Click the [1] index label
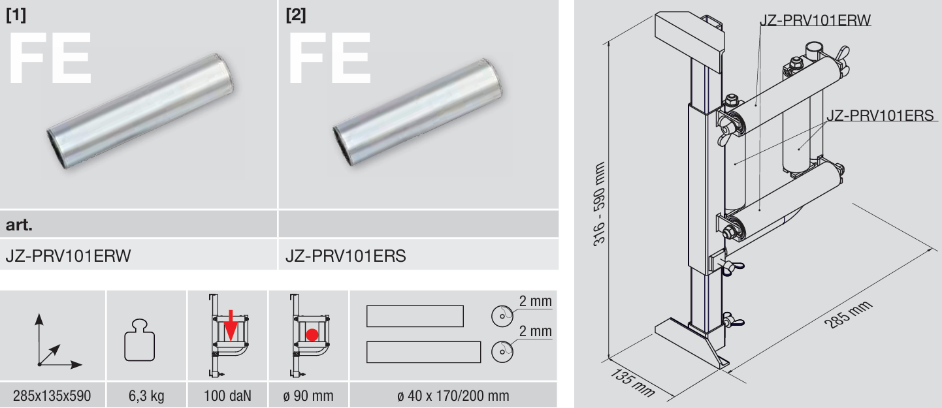coord(16,15)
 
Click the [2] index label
coord(296,15)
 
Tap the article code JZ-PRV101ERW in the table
coord(68,256)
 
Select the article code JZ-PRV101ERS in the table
coord(346,256)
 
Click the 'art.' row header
coord(19,225)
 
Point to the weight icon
coord(140,340)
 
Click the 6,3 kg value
coord(146,396)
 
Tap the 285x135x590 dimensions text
coord(52,396)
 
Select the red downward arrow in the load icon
coord(231,325)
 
